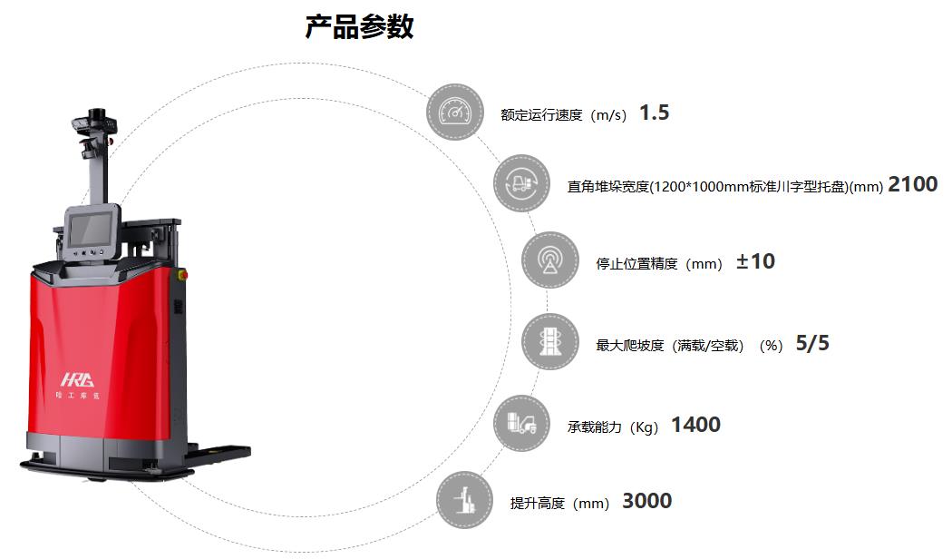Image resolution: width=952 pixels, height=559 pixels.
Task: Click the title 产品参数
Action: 359,27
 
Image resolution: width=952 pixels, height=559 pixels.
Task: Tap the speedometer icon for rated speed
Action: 455,113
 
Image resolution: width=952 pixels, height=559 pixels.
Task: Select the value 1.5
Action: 654,113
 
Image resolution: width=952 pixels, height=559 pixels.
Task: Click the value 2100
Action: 912,184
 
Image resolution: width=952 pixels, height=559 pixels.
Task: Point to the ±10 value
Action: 755,261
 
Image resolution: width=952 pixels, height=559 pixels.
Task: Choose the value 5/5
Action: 812,343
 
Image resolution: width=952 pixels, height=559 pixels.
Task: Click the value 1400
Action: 695,424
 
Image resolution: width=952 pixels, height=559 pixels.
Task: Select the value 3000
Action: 647,501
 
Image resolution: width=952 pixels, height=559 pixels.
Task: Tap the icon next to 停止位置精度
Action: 550,260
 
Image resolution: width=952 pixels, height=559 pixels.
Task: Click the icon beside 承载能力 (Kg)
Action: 521,423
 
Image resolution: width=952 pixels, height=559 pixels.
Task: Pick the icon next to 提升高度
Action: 465,500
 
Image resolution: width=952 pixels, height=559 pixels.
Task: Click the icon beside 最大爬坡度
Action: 550,341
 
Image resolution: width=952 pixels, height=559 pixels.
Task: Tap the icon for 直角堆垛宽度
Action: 521,183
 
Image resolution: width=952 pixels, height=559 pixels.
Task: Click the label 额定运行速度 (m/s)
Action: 563,115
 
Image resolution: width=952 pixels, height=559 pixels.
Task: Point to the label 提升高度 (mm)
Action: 559,503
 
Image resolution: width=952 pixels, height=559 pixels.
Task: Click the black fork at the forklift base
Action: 218,453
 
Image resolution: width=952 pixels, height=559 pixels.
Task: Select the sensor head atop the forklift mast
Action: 94,123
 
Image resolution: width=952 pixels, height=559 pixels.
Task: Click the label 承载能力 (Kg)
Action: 613,427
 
